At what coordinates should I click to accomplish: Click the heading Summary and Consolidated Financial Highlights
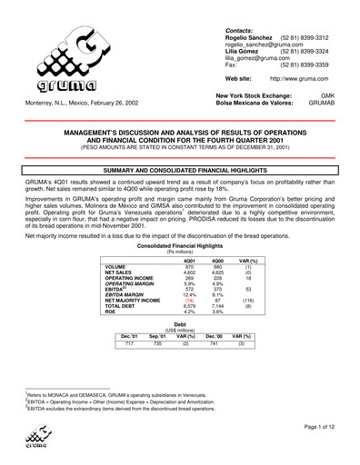click(x=180, y=171)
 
